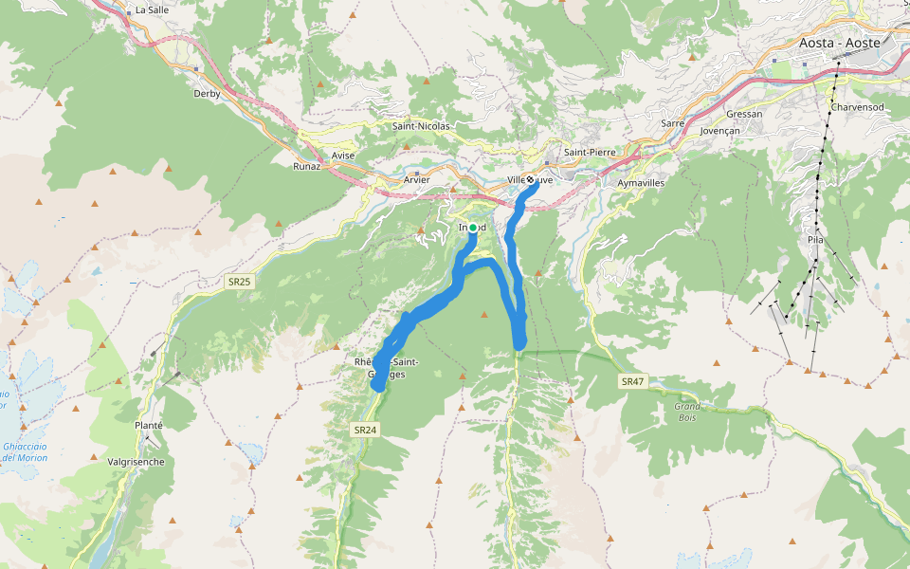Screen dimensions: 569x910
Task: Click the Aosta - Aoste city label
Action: point(839,43)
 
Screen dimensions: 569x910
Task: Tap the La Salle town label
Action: point(152,9)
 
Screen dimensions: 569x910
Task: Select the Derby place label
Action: point(207,94)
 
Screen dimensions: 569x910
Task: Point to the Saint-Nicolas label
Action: point(421,125)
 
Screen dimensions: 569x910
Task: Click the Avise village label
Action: point(343,156)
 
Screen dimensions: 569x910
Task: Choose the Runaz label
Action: point(307,166)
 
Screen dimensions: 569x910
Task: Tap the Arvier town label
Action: point(416,179)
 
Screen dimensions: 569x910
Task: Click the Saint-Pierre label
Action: point(590,152)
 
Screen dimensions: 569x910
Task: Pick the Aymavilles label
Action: point(641,182)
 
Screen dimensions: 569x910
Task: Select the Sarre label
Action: point(672,123)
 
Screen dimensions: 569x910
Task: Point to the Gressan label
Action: point(744,114)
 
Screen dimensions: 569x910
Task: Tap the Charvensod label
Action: point(857,107)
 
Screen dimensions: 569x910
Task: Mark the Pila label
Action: point(815,240)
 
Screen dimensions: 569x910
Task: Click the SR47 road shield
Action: point(632,381)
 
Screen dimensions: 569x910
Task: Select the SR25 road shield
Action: point(239,282)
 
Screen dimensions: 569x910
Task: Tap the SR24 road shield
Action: point(365,430)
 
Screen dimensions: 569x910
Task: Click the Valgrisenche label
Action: point(137,462)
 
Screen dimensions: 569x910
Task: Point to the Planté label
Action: point(149,426)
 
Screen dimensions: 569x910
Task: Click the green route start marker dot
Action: point(473,228)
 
